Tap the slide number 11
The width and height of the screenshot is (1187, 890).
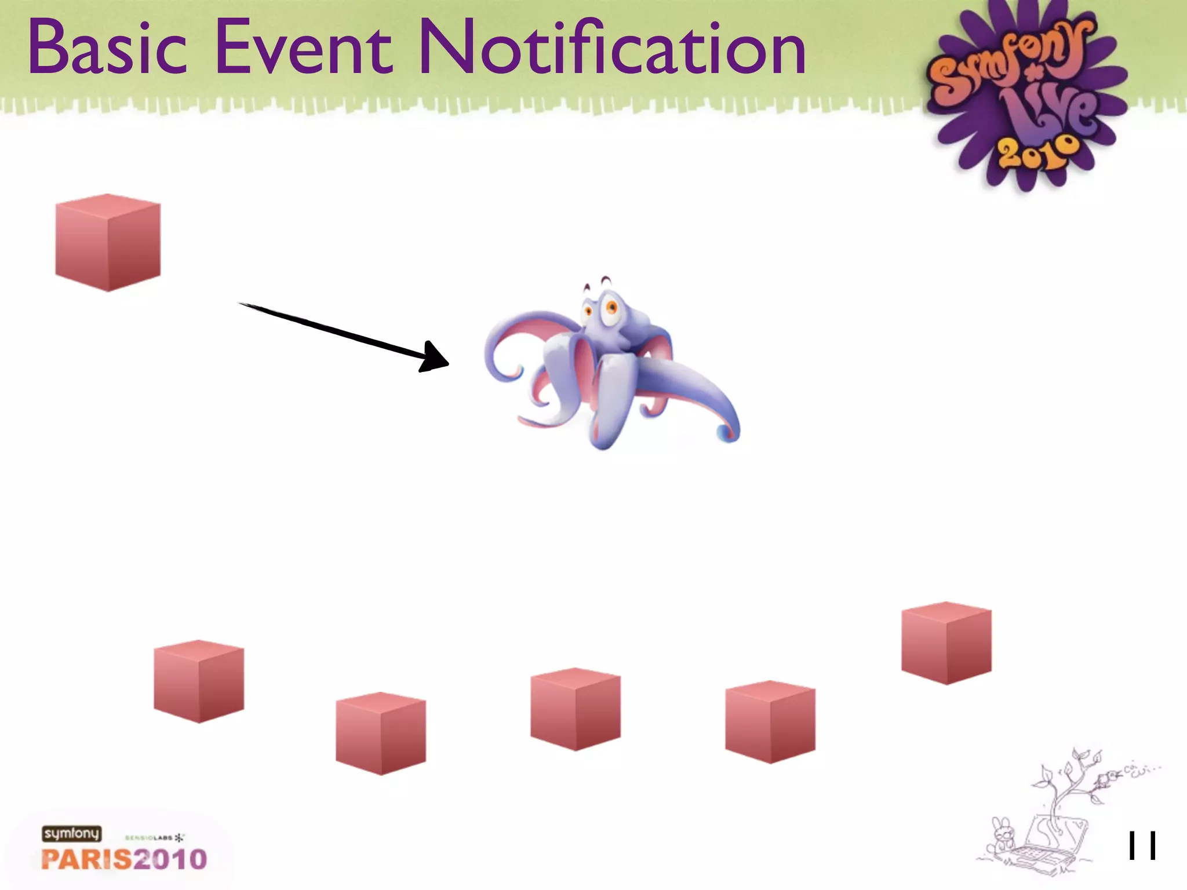(x=1141, y=846)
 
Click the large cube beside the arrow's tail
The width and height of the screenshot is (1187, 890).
(x=108, y=242)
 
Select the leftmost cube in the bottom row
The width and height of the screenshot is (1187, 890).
(x=199, y=681)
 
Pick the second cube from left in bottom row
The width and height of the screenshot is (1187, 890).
(x=381, y=734)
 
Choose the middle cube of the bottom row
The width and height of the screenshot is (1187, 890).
(x=576, y=709)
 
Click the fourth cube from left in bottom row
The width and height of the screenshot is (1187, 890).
(x=770, y=722)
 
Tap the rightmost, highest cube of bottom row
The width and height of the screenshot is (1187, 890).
(x=946, y=643)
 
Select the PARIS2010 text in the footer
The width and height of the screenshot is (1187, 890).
(x=124, y=859)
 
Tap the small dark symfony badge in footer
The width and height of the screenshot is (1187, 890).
(x=71, y=834)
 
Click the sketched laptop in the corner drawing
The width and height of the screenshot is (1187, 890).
(x=1049, y=846)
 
